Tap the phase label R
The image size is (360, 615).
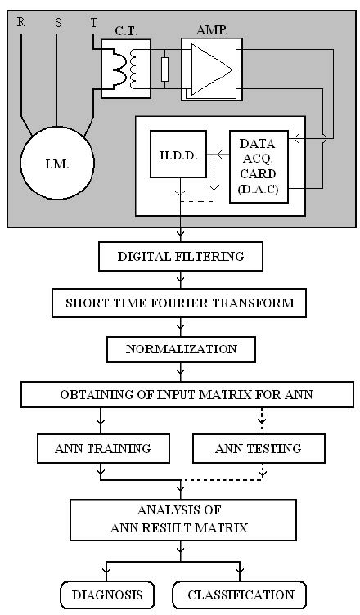pos(20,23)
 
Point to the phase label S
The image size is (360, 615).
pos(57,23)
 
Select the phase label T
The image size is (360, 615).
pos(93,23)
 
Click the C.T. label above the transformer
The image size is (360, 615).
pos(124,31)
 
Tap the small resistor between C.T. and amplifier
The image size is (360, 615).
pos(165,70)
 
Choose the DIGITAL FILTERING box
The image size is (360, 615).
pos(180,257)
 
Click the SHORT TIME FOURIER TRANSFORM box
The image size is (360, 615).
pos(180,303)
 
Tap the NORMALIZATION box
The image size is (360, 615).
pos(180,349)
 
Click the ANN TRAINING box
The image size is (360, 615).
pos(103,448)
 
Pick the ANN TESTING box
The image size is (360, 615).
pos(258,448)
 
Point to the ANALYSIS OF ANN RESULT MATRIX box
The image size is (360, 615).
pos(180,519)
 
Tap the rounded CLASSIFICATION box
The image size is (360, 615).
pos(241,595)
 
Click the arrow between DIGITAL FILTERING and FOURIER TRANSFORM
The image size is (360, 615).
pos(180,280)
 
